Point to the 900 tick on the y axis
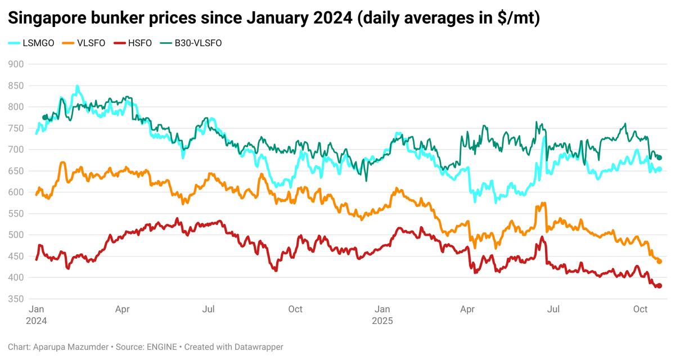[16, 64]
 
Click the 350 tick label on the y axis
[16, 299]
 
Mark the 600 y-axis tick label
[16, 192]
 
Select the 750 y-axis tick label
[16, 128]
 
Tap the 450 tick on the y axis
[16, 256]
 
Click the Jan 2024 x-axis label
[37, 314]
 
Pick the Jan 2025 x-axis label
[382, 314]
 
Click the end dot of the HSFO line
[659, 286]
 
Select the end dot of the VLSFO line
[659, 262]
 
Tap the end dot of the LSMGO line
[659, 169]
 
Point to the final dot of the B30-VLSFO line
[659, 158]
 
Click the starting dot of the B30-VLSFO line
[45, 117]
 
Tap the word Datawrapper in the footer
[263, 347]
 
